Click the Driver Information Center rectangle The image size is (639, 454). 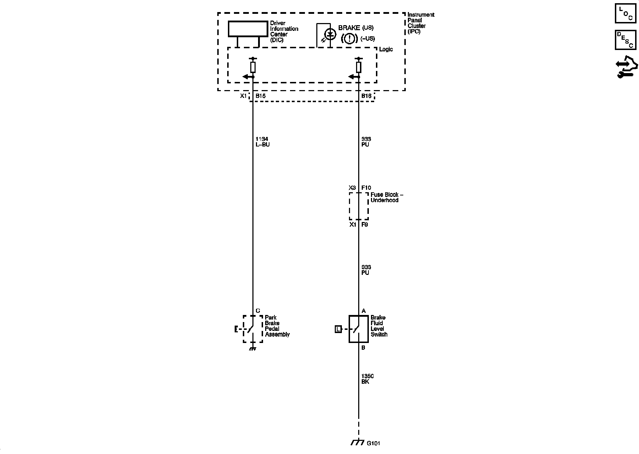click(248, 29)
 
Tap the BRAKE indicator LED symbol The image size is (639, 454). click(331, 34)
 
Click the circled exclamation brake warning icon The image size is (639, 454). click(349, 38)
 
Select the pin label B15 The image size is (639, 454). click(261, 96)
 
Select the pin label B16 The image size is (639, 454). click(366, 96)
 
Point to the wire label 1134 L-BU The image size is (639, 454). click(262, 142)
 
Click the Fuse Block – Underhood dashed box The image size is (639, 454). click(359, 206)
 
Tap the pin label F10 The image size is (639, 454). click(366, 188)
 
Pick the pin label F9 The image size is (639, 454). click(365, 225)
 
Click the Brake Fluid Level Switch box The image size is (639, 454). click(358, 329)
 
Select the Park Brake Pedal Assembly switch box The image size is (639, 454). click(253, 329)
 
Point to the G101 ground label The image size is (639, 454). click(374, 443)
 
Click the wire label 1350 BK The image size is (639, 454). click(367, 379)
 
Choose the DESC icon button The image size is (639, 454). click(626, 40)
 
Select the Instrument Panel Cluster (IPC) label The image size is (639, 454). click(420, 23)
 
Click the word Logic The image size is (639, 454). click(386, 49)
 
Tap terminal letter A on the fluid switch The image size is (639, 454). click(364, 311)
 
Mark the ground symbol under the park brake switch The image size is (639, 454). click(253, 348)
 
